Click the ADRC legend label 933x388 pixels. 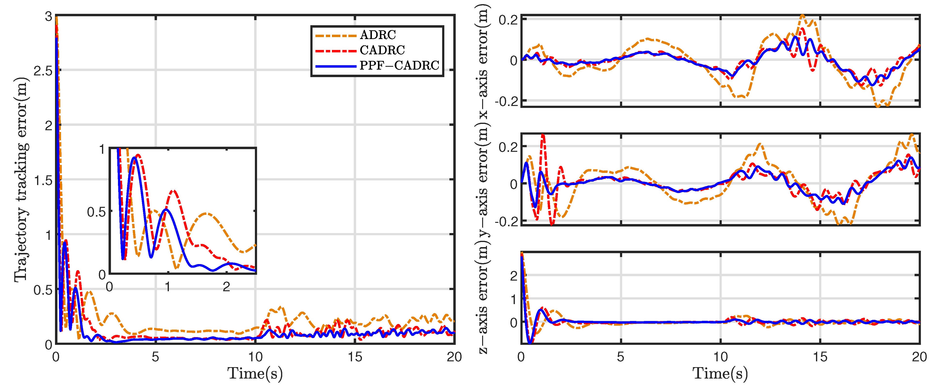[378, 35]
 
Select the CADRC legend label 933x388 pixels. [382, 50]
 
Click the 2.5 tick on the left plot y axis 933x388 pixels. [43, 71]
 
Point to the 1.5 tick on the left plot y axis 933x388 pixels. [43, 180]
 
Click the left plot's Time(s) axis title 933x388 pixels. [255, 373]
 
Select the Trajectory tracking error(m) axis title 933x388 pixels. [21, 179]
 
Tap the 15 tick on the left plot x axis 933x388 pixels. [355, 357]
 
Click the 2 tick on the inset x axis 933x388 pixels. [226, 287]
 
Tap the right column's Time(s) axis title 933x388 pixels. [720, 373]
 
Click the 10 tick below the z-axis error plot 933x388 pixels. [720, 357]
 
